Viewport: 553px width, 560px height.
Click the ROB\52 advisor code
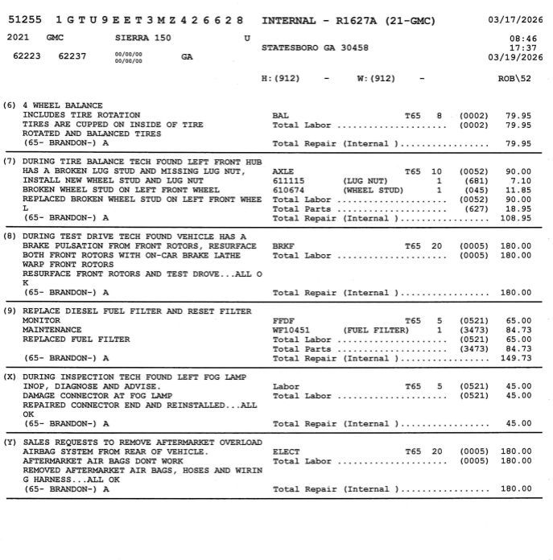pos(514,78)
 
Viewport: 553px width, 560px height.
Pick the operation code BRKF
pos(283,246)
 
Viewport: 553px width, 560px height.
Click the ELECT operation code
pos(286,452)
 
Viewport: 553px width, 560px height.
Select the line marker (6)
pos(10,105)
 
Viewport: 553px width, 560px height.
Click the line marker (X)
pos(10,377)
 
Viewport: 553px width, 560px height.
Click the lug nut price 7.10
pos(521,181)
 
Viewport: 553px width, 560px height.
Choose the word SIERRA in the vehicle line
pos(131,38)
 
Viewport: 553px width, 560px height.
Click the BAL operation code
pos(280,116)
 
